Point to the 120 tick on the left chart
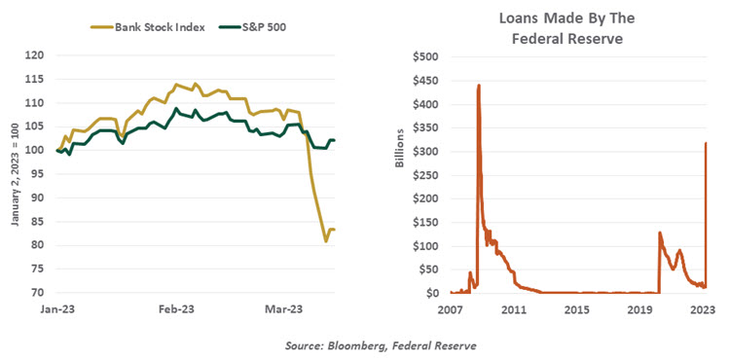pos(36,55)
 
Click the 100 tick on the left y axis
pos(36,151)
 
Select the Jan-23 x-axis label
pos(57,309)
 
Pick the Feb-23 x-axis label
pos(176,309)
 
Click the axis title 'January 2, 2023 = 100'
pos(14,175)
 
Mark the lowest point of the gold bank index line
pos(325,240)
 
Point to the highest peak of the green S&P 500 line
pos(176,109)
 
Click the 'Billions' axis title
pos(399,175)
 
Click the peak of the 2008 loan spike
pos(479,86)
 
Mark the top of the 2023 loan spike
pos(705,143)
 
